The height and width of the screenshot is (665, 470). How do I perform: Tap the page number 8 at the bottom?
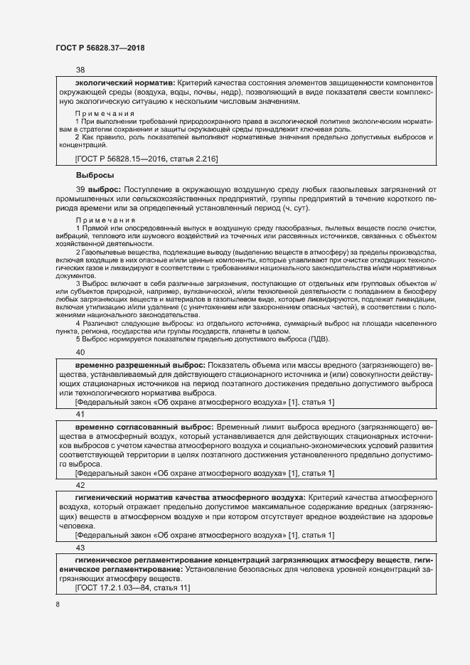pos(58,604)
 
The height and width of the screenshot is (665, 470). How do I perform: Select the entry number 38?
pos(80,70)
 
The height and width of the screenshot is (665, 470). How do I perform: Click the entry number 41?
pos(80,414)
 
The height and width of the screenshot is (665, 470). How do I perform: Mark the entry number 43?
pos(80,548)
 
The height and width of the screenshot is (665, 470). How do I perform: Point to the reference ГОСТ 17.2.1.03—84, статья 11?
pos(132,587)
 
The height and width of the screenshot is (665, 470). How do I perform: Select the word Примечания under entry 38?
pos(105,114)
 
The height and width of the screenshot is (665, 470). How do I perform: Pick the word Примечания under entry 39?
pos(105,220)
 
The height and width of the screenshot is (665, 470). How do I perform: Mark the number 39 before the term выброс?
pos(80,189)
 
